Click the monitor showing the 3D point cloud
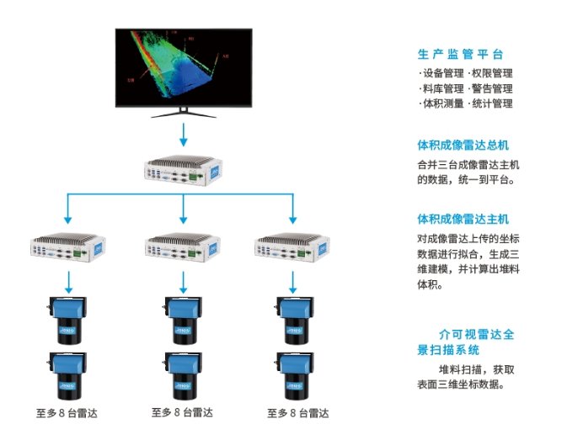(183, 67)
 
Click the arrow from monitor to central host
(183, 135)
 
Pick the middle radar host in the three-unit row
(183, 246)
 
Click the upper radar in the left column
(68, 319)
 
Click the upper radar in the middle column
(182, 319)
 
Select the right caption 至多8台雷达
(297, 413)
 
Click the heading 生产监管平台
(460, 55)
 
